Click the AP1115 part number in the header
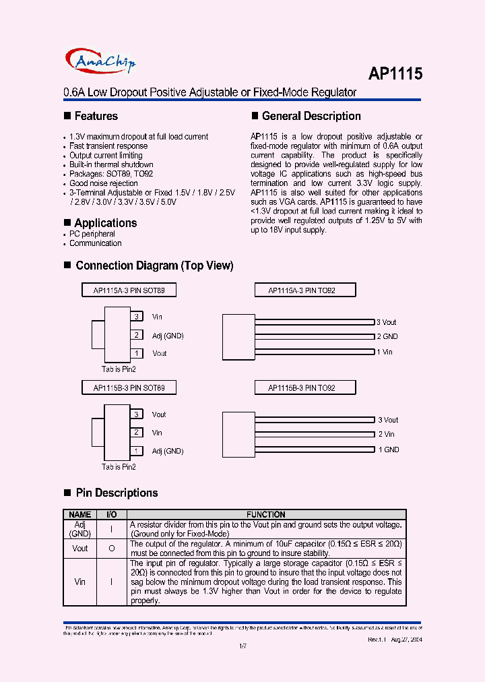click(x=395, y=73)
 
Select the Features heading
click(x=96, y=116)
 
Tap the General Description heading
click(x=311, y=116)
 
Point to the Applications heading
click(x=105, y=223)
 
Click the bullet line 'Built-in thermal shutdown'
click(x=111, y=164)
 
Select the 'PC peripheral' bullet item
click(x=92, y=234)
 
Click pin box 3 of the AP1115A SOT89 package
click(x=137, y=317)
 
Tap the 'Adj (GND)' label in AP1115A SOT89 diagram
click(x=168, y=335)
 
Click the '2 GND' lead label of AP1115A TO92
click(x=387, y=336)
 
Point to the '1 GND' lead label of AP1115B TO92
click(x=388, y=449)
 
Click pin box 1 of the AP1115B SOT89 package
click(x=137, y=451)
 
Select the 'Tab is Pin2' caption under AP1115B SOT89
click(x=119, y=466)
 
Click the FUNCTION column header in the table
click(x=265, y=514)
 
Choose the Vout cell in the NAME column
click(x=80, y=549)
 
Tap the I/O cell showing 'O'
click(x=111, y=549)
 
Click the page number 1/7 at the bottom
click(x=243, y=646)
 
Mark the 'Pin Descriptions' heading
click(x=117, y=493)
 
